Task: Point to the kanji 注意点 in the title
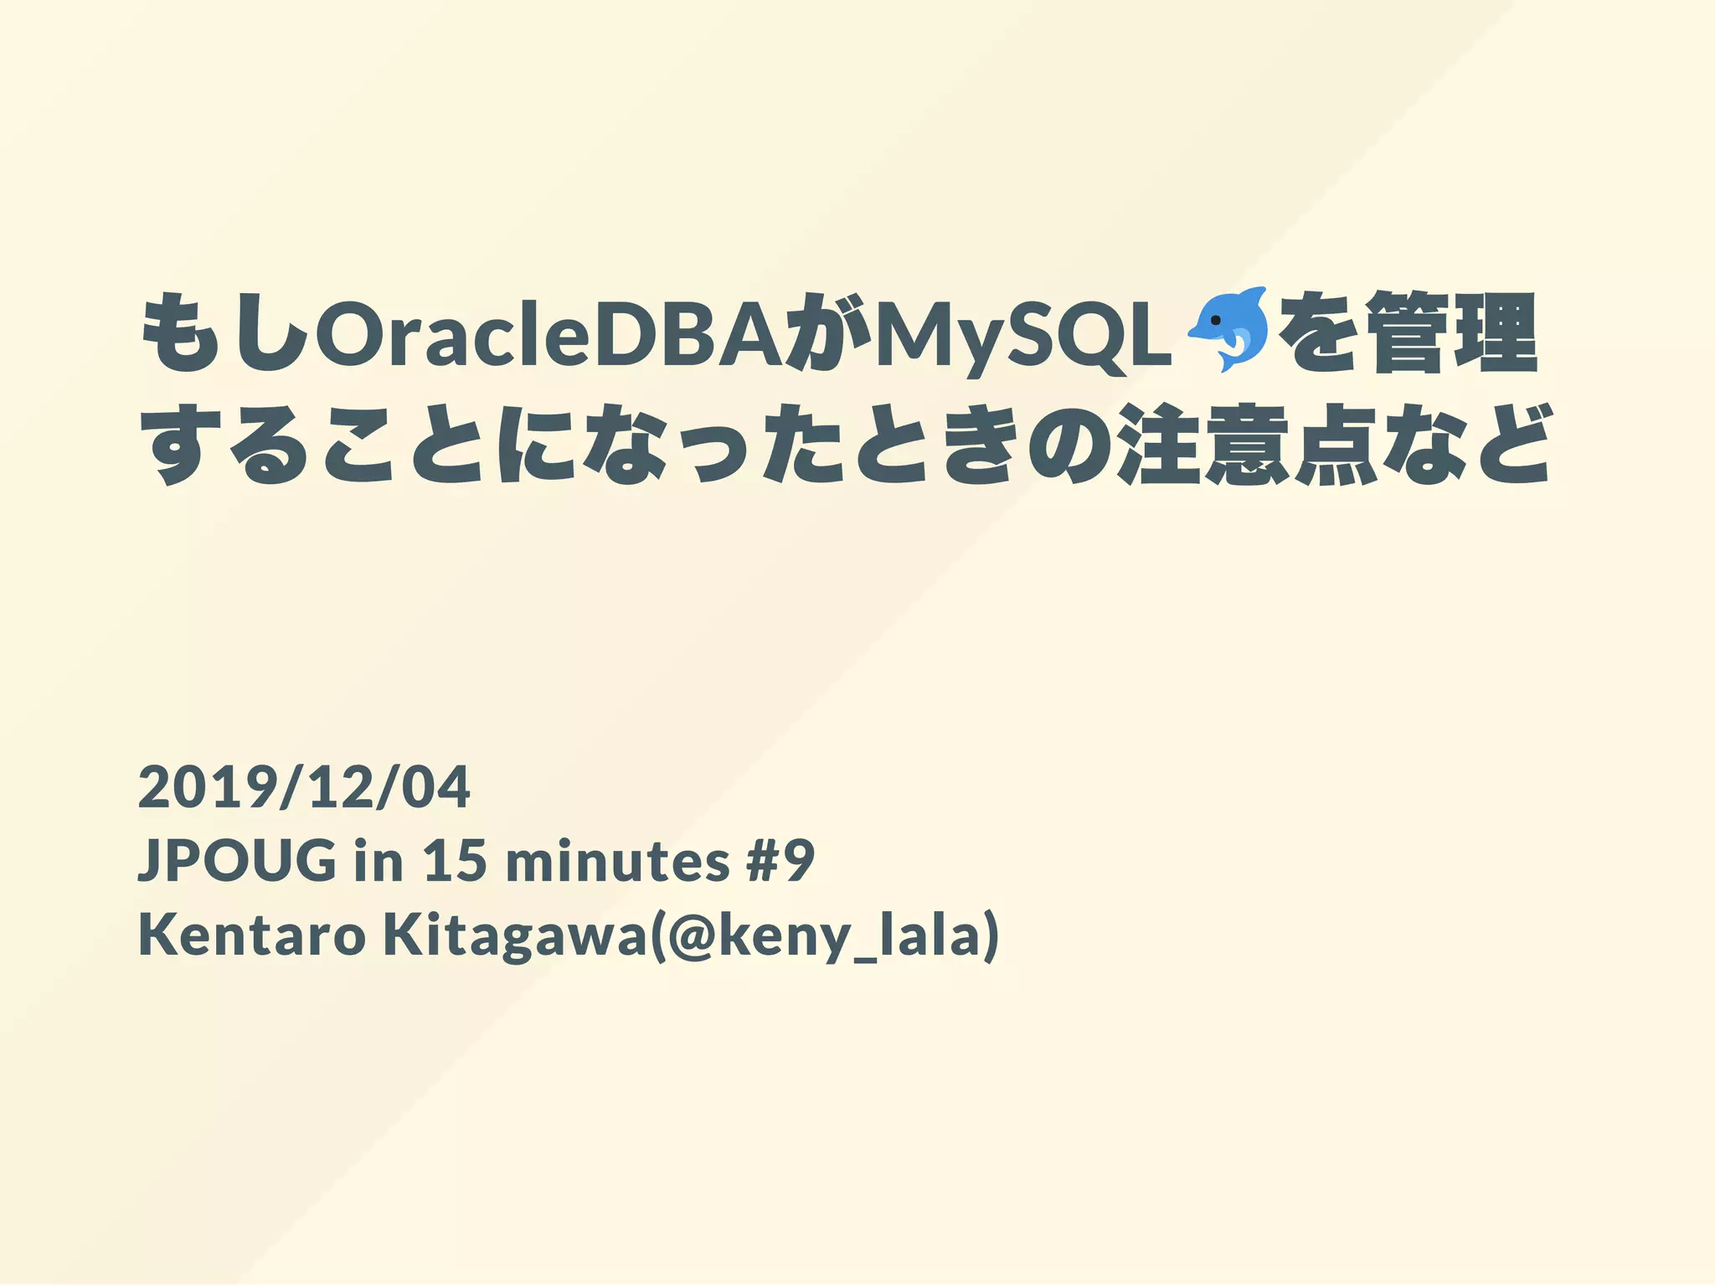(1248, 445)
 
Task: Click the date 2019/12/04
(304, 787)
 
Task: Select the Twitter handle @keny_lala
(825, 936)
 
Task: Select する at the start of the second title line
(223, 445)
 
